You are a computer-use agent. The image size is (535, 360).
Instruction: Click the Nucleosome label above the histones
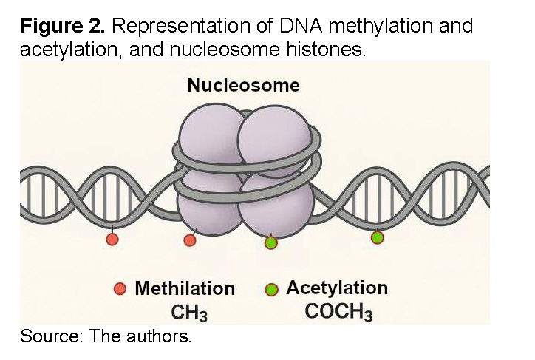click(x=243, y=85)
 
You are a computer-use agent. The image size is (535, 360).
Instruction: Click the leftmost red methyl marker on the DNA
click(x=112, y=240)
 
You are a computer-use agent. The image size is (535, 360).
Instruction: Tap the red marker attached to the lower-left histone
click(x=190, y=240)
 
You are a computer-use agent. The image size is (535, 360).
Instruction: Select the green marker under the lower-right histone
click(x=270, y=242)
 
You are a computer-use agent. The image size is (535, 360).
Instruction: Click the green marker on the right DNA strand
click(x=377, y=237)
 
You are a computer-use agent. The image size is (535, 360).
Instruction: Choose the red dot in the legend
click(x=121, y=289)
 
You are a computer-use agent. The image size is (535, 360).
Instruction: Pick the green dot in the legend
click(x=271, y=289)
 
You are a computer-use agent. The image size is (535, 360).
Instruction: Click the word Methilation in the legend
click(x=185, y=289)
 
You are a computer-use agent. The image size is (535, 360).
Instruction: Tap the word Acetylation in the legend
click(x=337, y=288)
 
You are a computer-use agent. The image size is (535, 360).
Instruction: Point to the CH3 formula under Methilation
click(x=189, y=313)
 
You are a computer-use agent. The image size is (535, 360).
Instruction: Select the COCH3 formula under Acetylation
click(x=338, y=312)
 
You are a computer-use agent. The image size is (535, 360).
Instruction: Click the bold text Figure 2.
click(x=62, y=27)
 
